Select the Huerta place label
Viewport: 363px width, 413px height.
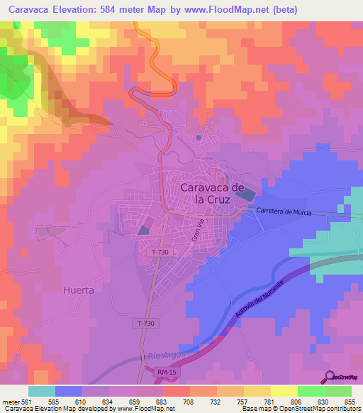point(78,290)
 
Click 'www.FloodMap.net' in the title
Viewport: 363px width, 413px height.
point(227,10)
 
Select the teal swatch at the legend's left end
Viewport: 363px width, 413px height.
point(42,391)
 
